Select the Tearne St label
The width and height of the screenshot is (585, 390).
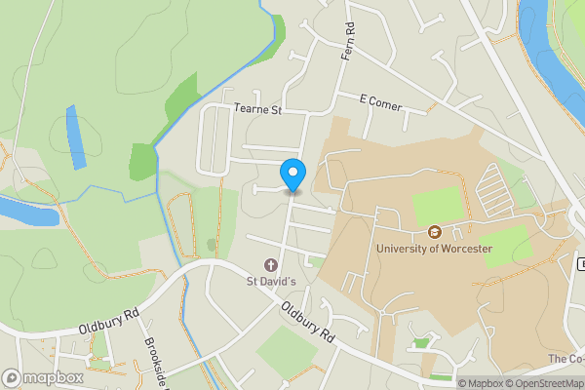pyautogui.click(x=257, y=110)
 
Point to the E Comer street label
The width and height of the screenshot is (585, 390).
pyautogui.click(x=380, y=99)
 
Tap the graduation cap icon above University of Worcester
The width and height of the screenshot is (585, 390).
pyautogui.click(x=435, y=232)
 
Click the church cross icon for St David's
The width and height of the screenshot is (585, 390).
pyautogui.click(x=270, y=264)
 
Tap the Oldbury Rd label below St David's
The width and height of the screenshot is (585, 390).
pyautogui.click(x=308, y=323)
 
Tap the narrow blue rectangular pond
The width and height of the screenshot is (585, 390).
pyautogui.click(x=74, y=136)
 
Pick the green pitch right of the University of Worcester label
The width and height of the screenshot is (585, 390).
pyautogui.click(x=506, y=247)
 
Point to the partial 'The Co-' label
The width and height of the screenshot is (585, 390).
pyautogui.click(x=565, y=359)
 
